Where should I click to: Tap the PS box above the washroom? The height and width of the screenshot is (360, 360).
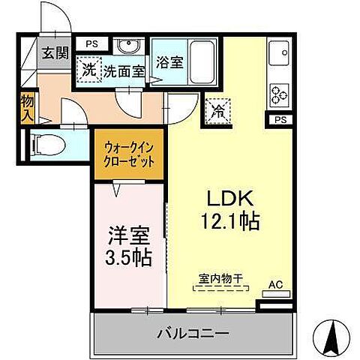pyautogui.click(x=91, y=43)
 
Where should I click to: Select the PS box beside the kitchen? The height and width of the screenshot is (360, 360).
pyautogui.click(x=280, y=119)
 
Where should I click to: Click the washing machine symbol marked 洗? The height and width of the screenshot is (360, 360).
pyautogui.click(x=89, y=71)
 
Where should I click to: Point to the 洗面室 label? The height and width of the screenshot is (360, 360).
pyautogui.click(x=123, y=71)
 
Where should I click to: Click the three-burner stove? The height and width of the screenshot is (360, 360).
pyautogui.click(x=280, y=94)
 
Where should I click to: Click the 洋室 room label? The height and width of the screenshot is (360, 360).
pyautogui.click(x=125, y=234)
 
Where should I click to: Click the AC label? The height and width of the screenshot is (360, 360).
pyautogui.click(x=275, y=285)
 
